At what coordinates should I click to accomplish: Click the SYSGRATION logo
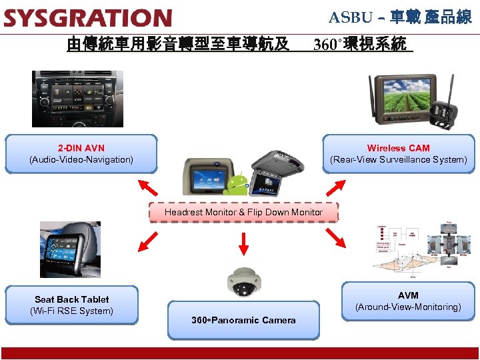click(x=87, y=18)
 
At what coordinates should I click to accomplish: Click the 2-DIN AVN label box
click(x=81, y=154)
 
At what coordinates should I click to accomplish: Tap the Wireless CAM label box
click(x=398, y=154)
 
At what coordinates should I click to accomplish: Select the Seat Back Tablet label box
click(x=72, y=305)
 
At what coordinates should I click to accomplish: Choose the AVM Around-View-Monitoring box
click(x=408, y=301)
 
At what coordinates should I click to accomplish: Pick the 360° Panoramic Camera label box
click(x=243, y=320)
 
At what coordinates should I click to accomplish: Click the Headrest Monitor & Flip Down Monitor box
click(x=243, y=212)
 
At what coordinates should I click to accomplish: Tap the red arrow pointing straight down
click(x=243, y=243)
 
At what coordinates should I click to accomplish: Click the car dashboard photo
click(x=77, y=98)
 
